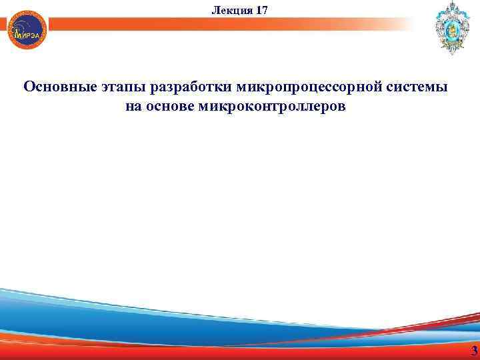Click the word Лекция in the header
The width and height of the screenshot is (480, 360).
pyautogui.click(x=229, y=9)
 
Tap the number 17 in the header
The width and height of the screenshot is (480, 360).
pyautogui.click(x=261, y=9)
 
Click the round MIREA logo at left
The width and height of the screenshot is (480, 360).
pyautogui.click(x=27, y=30)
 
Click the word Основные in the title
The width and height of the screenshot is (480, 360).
pyautogui.click(x=60, y=88)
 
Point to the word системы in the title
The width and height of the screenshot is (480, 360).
pyautogui.click(x=421, y=88)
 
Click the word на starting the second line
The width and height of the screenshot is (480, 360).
pyautogui.click(x=133, y=107)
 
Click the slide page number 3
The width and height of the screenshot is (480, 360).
pyautogui.click(x=474, y=351)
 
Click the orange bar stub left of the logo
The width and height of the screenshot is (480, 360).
pyautogui.click(x=4, y=25)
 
